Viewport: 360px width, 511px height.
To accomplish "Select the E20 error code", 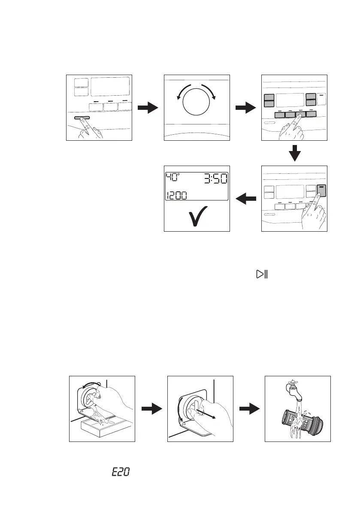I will click(121, 472).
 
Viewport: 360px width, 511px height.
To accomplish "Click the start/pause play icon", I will click(261, 274).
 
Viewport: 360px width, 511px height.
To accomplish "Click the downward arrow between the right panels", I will click(294, 153).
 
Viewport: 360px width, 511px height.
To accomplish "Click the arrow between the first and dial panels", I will click(148, 108).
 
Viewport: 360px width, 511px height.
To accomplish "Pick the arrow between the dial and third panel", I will click(246, 108).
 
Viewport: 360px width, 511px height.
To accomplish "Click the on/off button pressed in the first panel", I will click(82, 117).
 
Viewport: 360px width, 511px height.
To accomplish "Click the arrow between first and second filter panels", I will click(151, 409).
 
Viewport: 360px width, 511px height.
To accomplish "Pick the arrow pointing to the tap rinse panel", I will click(249, 409).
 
